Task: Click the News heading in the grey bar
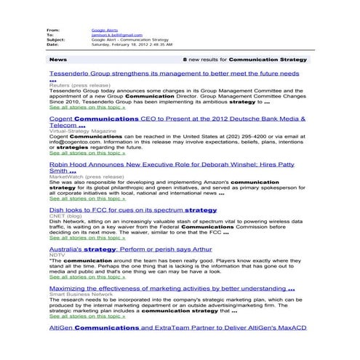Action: coord(58,58)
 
